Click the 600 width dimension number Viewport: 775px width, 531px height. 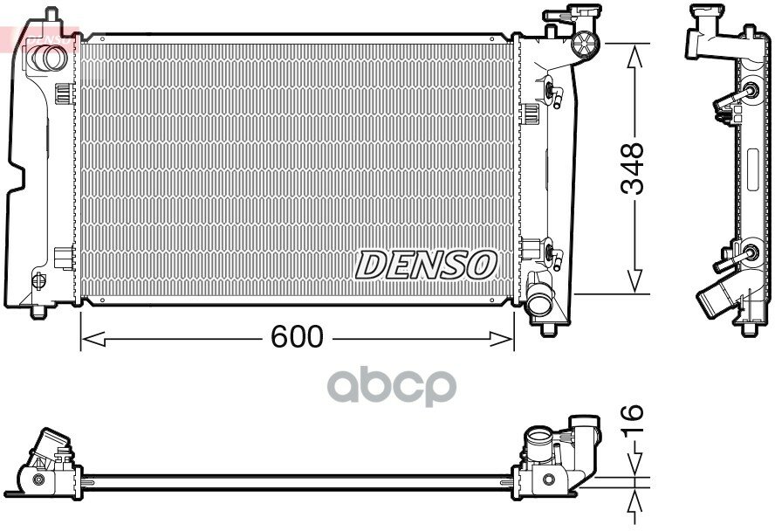297,337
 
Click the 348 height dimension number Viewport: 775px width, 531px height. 633,169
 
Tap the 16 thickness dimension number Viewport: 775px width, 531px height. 632,418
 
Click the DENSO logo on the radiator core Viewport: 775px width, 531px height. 426,265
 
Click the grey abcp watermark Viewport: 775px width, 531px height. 392,387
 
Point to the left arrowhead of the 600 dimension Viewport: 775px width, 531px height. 93,339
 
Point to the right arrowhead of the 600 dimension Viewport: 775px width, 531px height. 502,339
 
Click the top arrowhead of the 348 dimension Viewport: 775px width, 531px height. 634,56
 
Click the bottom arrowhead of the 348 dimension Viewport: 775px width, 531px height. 634,282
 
